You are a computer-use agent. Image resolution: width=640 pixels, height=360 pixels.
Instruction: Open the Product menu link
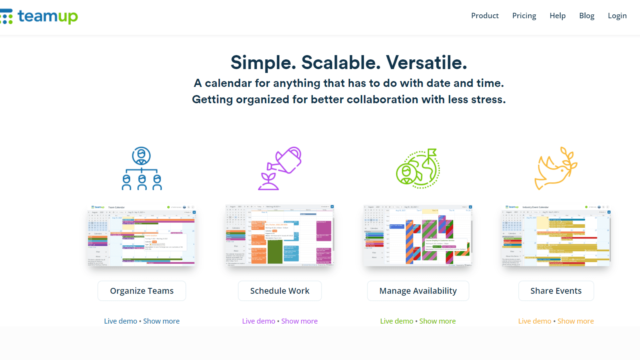pyautogui.click(x=485, y=16)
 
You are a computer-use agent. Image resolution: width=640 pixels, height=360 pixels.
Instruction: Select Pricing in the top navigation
pyautogui.click(x=524, y=16)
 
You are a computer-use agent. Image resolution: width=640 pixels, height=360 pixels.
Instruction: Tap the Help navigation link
pyautogui.click(x=557, y=16)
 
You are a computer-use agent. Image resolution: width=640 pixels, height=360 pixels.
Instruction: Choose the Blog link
pyautogui.click(x=587, y=16)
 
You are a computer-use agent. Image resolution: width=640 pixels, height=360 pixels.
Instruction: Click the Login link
pyautogui.click(x=617, y=16)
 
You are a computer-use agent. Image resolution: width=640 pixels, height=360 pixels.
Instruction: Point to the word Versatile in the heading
pyautogui.click(x=426, y=63)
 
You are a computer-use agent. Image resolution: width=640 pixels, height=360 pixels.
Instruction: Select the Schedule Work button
pyautogui.click(x=280, y=291)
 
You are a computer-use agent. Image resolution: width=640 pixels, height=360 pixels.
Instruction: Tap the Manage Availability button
pyautogui.click(x=418, y=291)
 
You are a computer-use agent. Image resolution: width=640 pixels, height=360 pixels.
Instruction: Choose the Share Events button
pyautogui.click(x=556, y=291)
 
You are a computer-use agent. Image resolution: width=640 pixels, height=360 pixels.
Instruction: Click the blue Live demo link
pyautogui.click(x=121, y=321)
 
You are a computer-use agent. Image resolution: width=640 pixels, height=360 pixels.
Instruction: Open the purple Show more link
pyautogui.click(x=299, y=321)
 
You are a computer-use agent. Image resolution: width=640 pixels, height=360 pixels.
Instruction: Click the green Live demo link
pyautogui.click(x=397, y=321)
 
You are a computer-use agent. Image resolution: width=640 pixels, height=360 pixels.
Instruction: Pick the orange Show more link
pyautogui.click(x=575, y=321)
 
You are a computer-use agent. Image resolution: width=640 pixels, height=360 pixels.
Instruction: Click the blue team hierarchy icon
pyautogui.click(x=142, y=168)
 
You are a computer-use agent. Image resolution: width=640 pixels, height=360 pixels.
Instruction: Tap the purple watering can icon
pyautogui.click(x=280, y=168)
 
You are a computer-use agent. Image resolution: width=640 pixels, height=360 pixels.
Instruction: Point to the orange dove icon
pyautogui.click(x=556, y=168)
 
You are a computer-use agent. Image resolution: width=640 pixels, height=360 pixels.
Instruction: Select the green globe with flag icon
pyautogui.click(x=418, y=168)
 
